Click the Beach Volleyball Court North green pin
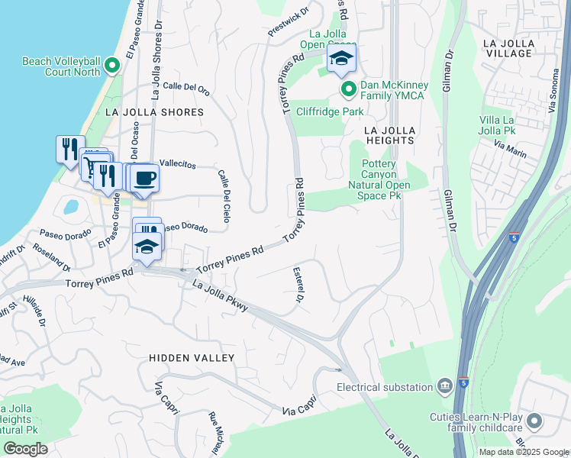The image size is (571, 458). [x=112, y=66]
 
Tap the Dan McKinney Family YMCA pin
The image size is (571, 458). [x=349, y=90]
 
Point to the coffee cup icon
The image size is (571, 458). [x=144, y=179]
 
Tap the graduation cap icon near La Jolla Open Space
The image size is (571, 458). [x=341, y=60]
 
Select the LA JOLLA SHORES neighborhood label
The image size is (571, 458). [x=154, y=112]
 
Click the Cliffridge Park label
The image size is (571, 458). [x=330, y=111]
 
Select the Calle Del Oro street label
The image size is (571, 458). [x=186, y=88]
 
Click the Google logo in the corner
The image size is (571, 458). [x=26, y=449]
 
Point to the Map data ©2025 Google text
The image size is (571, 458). [x=523, y=452]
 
